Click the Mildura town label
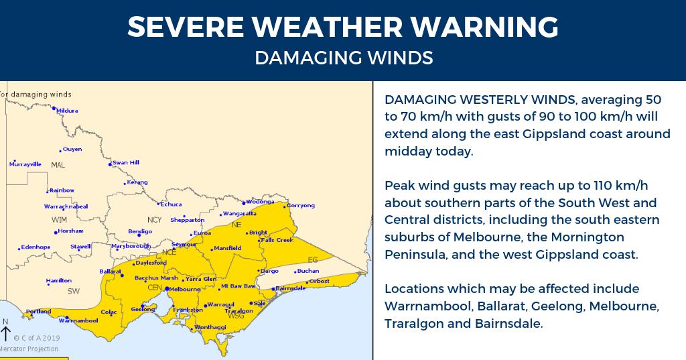(x=68, y=110)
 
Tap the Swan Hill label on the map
(x=125, y=162)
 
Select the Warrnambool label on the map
(x=83, y=320)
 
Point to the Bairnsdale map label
(x=290, y=288)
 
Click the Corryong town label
(x=300, y=205)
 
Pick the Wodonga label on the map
(x=260, y=201)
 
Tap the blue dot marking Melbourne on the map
(x=167, y=288)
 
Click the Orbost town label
(x=319, y=281)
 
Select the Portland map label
(x=38, y=311)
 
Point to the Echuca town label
(x=169, y=204)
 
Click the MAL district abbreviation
(x=58, y=164)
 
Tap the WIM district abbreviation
(x=60, y=219)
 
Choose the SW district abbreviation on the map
(x=73, y=291)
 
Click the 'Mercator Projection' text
(x=29, y=349)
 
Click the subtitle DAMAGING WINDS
(x=343, y=58)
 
